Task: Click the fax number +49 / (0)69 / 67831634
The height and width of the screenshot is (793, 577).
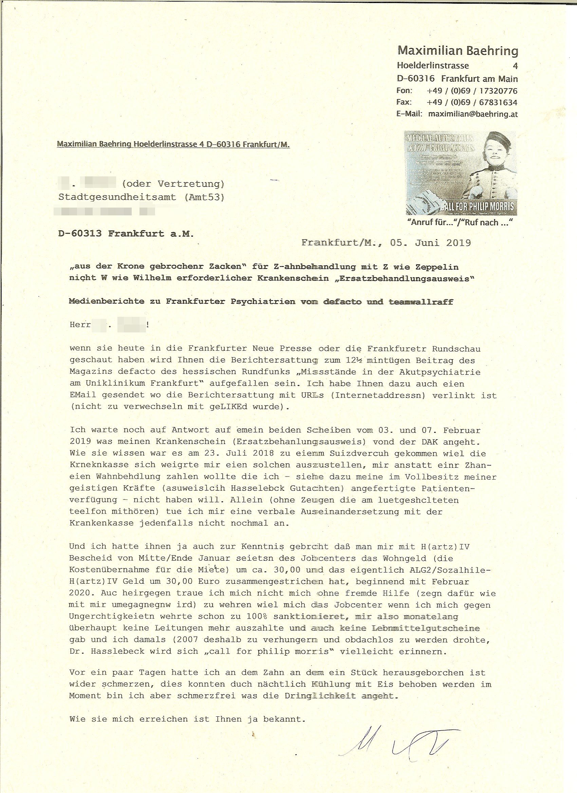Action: (x=472, y=102)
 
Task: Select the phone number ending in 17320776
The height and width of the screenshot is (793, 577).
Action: (x=472, y=91)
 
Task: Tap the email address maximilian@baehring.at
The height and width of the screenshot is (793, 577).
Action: (x=473, y=114)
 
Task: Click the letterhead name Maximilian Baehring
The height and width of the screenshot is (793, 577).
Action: (x=458, y=51)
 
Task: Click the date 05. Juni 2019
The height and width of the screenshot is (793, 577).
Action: (x=430, y=243)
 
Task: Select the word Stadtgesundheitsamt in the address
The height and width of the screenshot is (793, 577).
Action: (x=117, y=197)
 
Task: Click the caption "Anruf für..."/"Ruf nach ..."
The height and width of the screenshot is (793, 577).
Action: (x=460, y=223)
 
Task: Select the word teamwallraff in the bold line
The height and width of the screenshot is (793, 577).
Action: (x=421, y=302)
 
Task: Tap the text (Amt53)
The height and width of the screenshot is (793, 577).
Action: (x=204, y=197)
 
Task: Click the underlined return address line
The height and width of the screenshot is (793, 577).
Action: (x=173, y=144)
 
